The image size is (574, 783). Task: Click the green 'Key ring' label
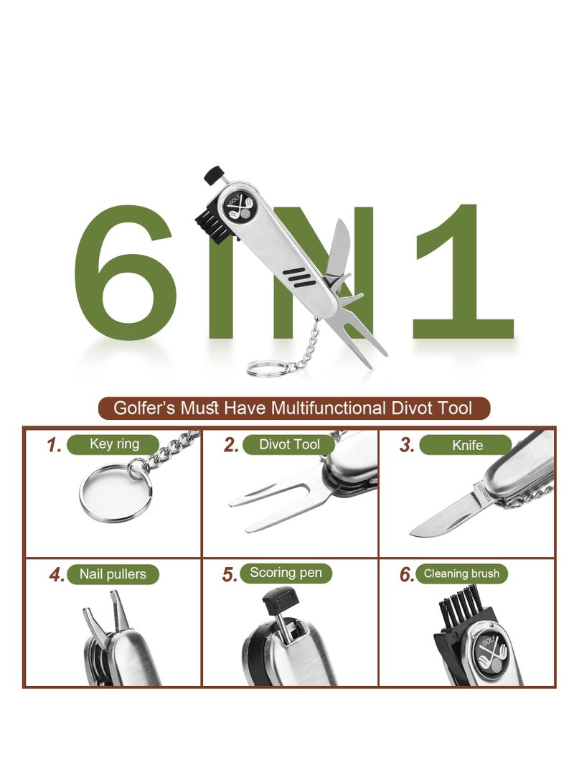[x=114, y=444]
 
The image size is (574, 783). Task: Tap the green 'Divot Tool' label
[x=289, y=445]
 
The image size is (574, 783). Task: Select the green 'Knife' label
[x=467, y=446]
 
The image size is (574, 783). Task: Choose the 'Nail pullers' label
[x=113, y=574]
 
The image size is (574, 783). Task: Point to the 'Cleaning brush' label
[x=461, y=573]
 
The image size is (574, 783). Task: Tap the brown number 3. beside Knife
[x=407, y=446]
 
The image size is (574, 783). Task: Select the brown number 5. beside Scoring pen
[x=230, y=575]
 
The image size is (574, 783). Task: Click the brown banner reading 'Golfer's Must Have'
[x=293, y=408]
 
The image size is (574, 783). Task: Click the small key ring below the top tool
[x=266, y=369]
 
